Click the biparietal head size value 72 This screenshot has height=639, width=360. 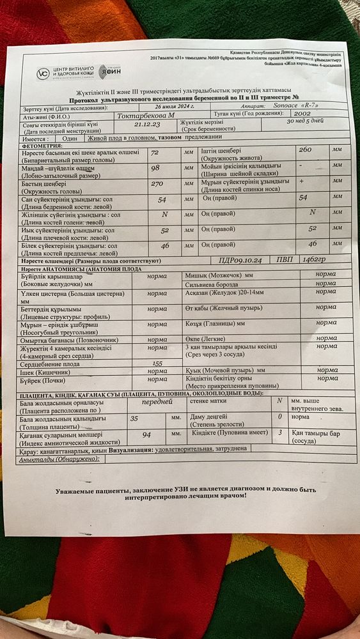coord(154,153)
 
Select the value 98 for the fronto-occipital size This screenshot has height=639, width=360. coord(155,168)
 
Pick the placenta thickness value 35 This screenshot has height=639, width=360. coord(134,419)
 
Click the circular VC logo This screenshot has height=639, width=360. coord(43,73)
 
